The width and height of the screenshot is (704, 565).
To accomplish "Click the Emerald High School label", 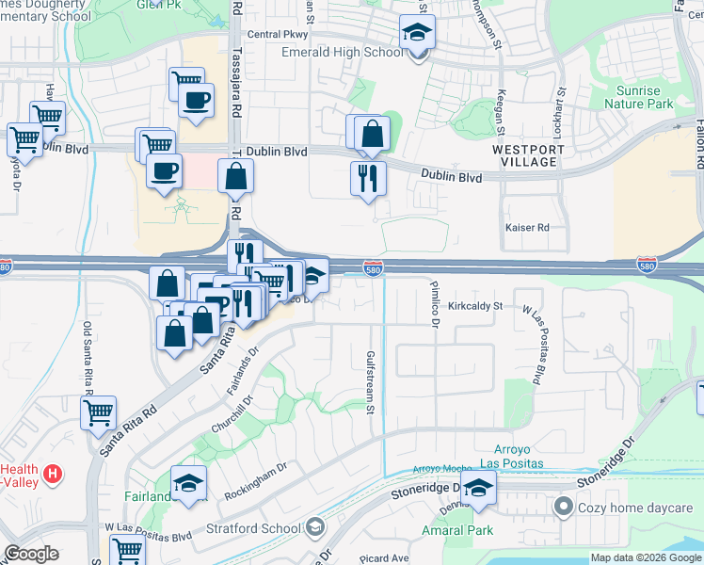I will (343, 52).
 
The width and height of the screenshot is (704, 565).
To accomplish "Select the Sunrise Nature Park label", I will (645, 98).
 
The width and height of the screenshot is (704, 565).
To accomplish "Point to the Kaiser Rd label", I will (526, 228).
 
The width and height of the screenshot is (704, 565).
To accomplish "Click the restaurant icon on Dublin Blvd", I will (368, 177).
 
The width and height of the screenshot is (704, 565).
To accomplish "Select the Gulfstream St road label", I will (370, 382).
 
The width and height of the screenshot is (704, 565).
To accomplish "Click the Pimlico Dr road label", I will (435, 303).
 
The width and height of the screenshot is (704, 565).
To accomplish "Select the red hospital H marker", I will (54, 472).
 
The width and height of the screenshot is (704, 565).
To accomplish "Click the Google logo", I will (32, 554).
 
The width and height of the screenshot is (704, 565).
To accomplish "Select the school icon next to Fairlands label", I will (189, 484).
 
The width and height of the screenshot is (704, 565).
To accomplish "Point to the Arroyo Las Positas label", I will (520, 456).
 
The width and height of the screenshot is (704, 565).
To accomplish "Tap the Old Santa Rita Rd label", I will (88, 351).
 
